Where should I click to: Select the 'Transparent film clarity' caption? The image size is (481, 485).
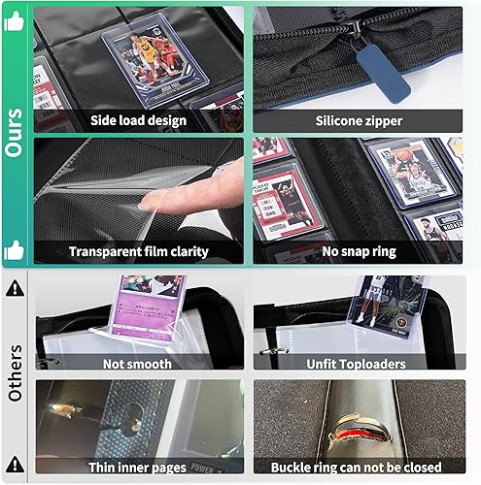pos(139,251)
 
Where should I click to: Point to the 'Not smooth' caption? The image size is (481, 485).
pos(139,364)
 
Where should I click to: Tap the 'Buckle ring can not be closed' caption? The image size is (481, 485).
pos(362,465)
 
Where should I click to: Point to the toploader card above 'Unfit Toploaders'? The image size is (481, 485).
pos(389,306)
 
